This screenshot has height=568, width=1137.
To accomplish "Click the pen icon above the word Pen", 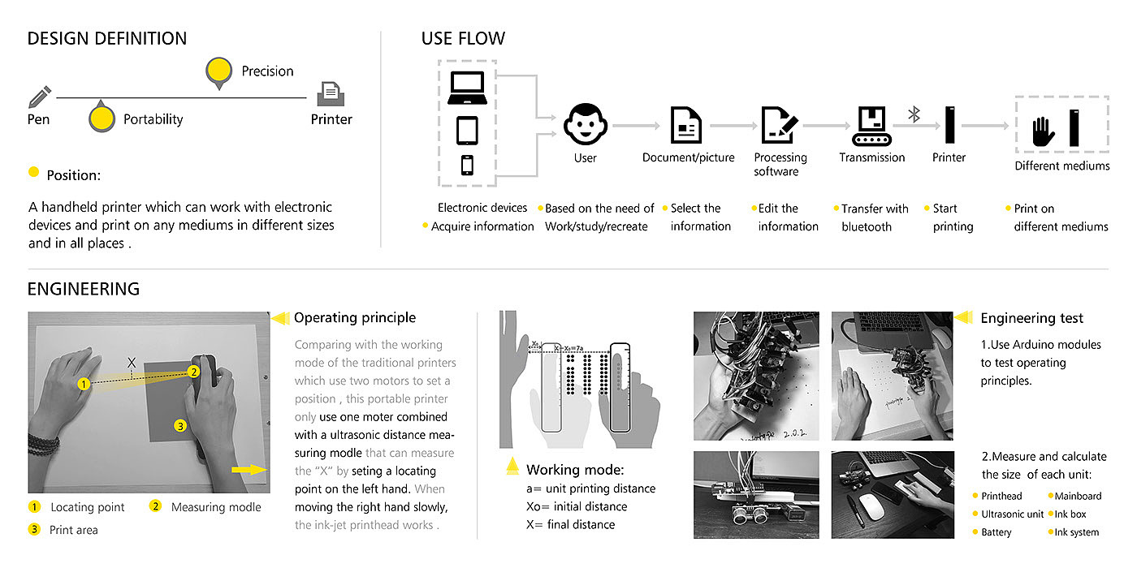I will [x=40, y=97].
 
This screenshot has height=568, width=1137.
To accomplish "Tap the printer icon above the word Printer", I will [x=331, y=94].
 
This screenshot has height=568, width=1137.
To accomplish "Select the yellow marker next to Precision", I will [x=218, y=71].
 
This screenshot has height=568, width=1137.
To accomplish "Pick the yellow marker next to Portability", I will [x=101, y=118].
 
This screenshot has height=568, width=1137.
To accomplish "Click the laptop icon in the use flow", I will [x=466, y=87].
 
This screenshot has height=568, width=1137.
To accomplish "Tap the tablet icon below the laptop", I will [x=466, y=130].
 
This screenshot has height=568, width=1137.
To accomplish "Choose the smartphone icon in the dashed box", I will [x=467, y=164].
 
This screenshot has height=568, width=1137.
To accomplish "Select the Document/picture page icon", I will [x=687, y=125].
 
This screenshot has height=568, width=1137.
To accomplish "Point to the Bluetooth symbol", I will [x=914, y=114].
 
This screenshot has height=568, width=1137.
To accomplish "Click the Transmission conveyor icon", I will [x=871, y=125].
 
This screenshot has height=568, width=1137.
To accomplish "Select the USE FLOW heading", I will [x=463, y=38].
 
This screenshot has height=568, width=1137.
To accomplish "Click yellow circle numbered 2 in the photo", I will [x=193, y=372].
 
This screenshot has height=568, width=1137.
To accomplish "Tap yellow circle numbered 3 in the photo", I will [x=180, y=425].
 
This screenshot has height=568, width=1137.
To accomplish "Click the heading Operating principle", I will [x=355, y=317].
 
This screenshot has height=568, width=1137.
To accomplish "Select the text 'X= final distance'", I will [x=571, y=524].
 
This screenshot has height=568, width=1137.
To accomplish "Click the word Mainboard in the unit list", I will [x=1078, y=496].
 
